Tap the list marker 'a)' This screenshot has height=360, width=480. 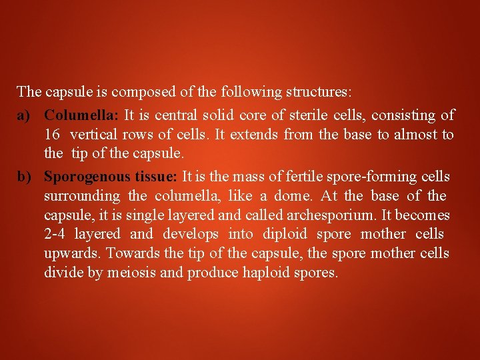(x=25, y=115)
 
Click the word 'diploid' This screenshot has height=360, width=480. (x=285, y=234)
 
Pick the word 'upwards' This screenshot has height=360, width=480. (x=73, y=253)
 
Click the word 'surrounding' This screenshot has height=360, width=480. (x=82, y=196)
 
